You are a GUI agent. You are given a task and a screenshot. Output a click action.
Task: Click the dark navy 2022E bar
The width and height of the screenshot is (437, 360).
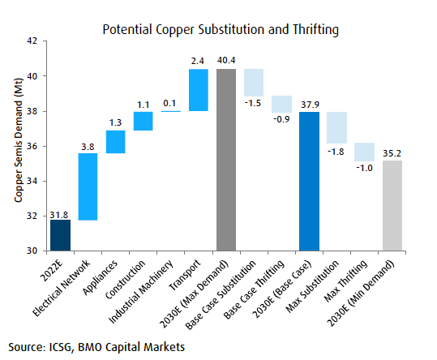[x=60, y=235]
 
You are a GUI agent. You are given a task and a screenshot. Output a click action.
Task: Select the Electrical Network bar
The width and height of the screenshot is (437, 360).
[x=88, y=186]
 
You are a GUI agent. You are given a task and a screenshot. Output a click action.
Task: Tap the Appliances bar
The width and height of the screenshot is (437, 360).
[x=115, y=142]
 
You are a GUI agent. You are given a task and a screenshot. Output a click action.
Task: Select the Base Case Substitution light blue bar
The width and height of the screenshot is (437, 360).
[x=254, y=83]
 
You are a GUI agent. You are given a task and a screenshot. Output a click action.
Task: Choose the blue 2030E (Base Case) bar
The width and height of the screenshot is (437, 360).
[x=309, y=182]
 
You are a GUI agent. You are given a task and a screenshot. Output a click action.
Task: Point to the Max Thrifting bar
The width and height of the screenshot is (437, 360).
[x=364, y=152]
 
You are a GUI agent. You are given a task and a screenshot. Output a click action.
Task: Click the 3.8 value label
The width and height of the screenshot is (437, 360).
[x=88, y=146]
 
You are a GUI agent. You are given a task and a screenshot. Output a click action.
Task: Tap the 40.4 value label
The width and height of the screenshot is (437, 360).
[x=226, y=60]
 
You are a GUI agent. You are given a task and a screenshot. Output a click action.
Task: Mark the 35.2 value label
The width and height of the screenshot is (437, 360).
[x=392, y=152]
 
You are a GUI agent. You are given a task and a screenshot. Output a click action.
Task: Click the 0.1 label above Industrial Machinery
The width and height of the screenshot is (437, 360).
[x=170, y=104]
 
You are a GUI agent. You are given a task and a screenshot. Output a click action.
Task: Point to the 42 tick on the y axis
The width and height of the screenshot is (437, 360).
[x=31, y=41]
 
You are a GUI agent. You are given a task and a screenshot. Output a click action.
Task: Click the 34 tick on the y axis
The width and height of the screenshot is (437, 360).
[x=31, y=181]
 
